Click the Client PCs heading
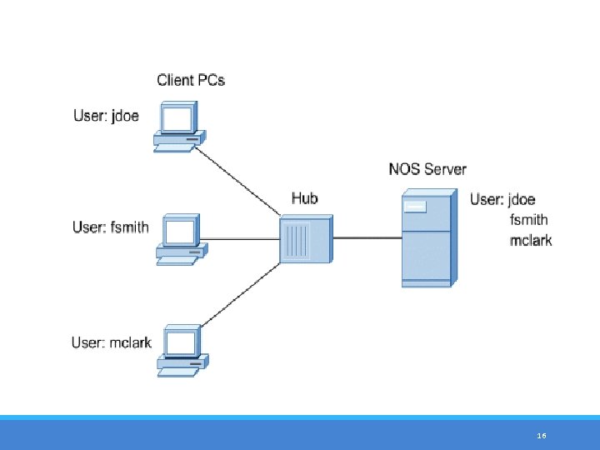pos(191,80)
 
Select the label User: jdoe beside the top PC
pos(106,116)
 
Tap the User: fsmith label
pos(110,227)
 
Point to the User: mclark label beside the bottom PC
pos(111,342)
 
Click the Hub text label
pos(304,197)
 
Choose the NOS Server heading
pos(427,168)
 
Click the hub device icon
pos(305,238)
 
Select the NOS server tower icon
pos(427,238)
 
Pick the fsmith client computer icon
pos(179,239)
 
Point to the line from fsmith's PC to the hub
pos(242,239)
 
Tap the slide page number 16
pos(542,436)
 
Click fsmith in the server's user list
pos(528,220)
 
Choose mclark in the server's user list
pos(530,241)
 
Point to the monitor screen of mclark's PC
pos(181,342)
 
